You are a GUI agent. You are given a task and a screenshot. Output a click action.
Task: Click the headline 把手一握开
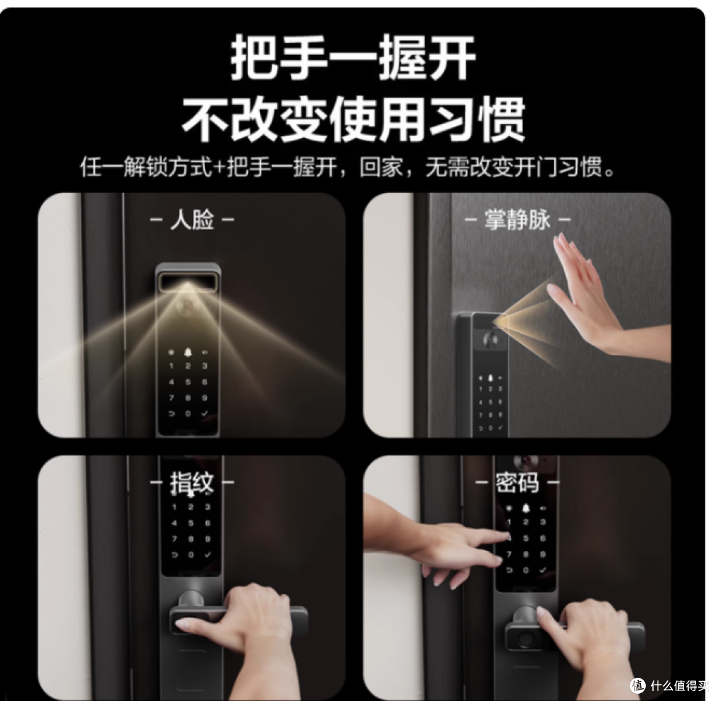[x=353, y=58]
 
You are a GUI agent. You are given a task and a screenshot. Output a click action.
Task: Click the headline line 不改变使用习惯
[x=353, y=119]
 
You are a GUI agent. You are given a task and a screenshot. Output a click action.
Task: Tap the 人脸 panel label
[x=192, y=220]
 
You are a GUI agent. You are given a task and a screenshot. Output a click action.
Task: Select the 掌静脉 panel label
[x=517, y=220]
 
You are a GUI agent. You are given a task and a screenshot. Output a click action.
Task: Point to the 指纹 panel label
[x=192, y=483]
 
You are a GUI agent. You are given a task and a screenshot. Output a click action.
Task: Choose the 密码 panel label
[x=517, y=483]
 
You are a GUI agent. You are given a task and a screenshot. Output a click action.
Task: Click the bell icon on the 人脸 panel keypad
[x=188, y=352]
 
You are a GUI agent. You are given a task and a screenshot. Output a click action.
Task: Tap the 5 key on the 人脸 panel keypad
[x=188, y=382]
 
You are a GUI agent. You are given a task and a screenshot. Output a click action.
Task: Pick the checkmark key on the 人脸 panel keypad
[x=205, y=413]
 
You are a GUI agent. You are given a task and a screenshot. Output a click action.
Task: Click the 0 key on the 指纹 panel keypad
[x=191, y=555]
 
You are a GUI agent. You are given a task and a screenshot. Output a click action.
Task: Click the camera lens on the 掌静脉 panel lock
[x=492, y=338]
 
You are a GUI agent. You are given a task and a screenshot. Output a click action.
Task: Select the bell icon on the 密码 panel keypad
[x=526, y=508]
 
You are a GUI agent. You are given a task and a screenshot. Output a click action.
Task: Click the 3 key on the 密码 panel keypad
[x=543, y=522]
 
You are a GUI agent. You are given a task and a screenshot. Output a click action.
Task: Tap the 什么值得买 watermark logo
[x=638, y=685]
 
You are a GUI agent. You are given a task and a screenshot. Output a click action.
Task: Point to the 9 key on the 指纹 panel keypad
[x=208, y=539]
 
